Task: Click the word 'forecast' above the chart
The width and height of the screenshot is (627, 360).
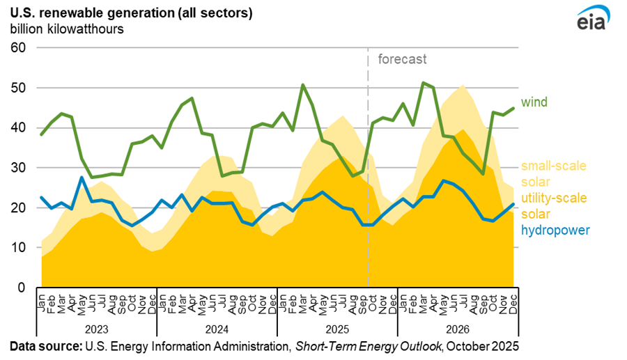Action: click(402, 59)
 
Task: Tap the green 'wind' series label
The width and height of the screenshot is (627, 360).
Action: click(535, 102)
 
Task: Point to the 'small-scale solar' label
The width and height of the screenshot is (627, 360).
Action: click(555, 173)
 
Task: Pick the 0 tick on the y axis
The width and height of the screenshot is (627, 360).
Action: click(21, 288)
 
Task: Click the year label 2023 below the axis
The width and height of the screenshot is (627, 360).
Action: click(97, 328)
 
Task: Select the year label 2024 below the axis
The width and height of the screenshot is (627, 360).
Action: click(217, 328)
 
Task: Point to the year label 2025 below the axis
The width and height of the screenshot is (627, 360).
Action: click(337, 328)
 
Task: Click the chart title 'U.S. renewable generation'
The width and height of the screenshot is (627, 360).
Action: click(102, 13)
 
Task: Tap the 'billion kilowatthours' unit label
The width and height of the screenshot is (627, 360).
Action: click(67, 29)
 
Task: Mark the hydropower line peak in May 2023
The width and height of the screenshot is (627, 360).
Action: click(82, 178)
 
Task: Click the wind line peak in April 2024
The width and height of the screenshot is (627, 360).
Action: click(192, 98)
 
